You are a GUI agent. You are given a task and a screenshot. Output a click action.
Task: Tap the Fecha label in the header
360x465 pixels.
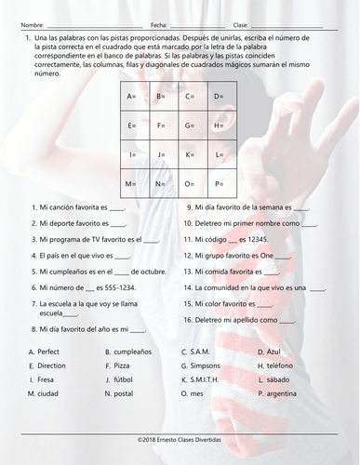(157, 24)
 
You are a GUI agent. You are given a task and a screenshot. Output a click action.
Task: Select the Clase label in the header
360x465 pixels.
(241, 24)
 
